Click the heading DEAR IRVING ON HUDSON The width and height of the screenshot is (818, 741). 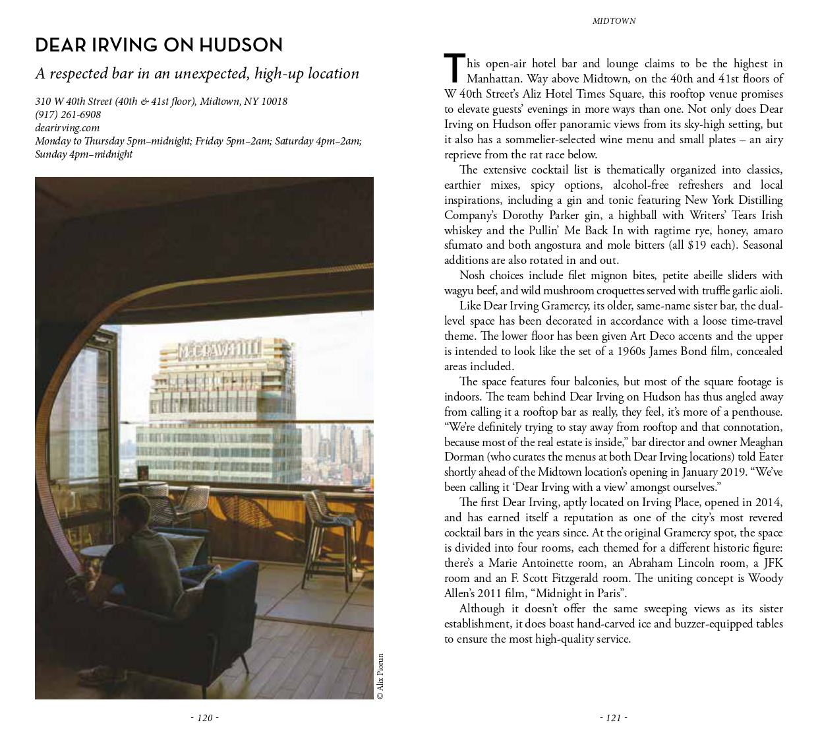point(159,45)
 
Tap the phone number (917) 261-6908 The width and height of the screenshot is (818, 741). point(68,114)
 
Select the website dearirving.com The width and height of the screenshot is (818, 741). point(67,127)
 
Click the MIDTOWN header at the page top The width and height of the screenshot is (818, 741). point(614,21)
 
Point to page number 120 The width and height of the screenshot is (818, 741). point(205,718)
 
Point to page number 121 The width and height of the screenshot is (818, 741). point(614,718)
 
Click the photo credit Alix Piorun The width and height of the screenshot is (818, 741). point(380,676)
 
